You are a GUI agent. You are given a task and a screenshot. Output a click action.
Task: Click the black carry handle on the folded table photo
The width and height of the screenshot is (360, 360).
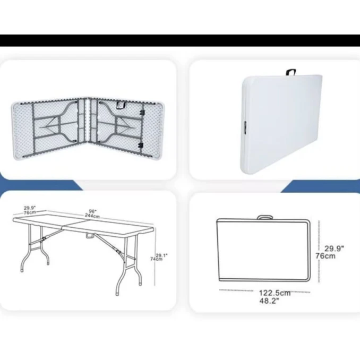tap(290, 72)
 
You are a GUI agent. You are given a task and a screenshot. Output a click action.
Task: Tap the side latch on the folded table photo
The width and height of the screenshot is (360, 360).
tap(245, 127)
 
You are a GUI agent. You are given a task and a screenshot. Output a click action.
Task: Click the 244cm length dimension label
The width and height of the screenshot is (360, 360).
tap(92, 216)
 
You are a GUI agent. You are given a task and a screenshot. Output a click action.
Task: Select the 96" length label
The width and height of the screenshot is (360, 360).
tap(93, 211)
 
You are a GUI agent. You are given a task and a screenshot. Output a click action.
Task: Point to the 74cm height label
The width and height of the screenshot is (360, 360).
tap(156, 259)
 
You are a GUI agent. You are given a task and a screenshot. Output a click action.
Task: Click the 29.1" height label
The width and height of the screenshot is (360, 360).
tap(161, 255)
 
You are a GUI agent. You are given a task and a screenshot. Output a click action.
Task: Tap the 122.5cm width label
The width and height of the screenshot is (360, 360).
tap(275, 293)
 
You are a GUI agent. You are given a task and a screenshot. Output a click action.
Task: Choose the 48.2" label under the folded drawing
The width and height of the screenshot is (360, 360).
tap(269, 301)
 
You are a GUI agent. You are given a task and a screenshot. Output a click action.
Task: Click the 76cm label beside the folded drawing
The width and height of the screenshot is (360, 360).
tap(325, 256)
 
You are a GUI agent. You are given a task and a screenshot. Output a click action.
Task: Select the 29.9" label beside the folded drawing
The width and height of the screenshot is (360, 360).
tap(335, 248)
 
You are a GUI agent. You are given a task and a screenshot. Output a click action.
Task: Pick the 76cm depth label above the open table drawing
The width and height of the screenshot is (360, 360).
tap(30, 212)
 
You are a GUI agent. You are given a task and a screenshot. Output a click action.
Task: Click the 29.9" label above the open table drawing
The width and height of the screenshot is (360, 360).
tap(30, 208)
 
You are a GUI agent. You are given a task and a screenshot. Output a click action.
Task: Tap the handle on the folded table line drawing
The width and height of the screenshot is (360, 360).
tap(265, 217)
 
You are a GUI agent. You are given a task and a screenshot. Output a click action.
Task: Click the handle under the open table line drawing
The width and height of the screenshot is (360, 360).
tap(90, 236)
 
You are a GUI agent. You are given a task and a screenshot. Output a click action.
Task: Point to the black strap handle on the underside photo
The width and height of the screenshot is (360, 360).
tap(121, 105)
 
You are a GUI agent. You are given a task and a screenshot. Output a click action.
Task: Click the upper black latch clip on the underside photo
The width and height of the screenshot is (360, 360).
tap(142, 112)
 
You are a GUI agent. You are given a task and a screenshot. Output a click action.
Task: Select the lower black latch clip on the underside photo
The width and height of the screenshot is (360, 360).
tap(141, 145)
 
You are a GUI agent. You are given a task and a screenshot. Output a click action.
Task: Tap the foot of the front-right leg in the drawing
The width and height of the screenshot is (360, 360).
tap(117, 294)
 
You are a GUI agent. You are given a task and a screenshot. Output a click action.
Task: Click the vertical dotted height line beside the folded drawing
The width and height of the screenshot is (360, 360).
tap(319, 251)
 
